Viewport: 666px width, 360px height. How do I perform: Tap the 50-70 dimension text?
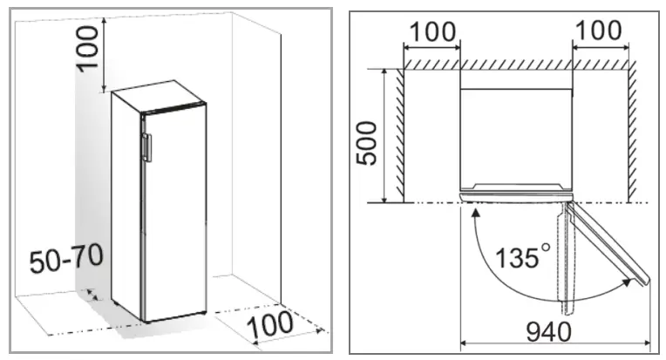66,259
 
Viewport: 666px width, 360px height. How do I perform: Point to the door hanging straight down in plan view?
569,262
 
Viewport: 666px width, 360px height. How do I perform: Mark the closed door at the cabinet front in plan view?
514,190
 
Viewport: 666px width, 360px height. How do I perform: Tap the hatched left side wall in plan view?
398,131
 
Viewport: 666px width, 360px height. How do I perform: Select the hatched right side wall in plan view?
631,131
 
